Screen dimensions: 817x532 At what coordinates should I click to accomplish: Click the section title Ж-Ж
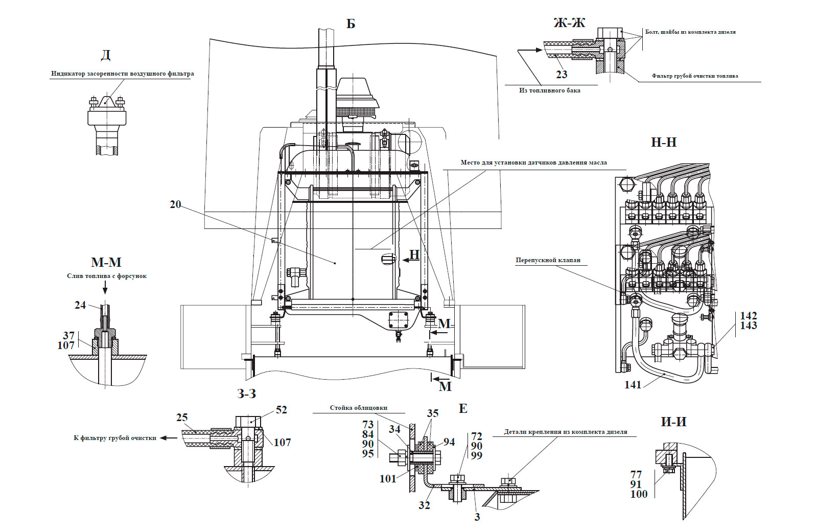[x=569, y=23]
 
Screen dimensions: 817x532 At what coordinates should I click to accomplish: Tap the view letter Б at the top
[x=351, y=24]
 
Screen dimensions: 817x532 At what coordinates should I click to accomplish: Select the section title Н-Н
[x=663, y=142]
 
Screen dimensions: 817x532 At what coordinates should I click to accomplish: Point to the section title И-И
[x=673, y=422]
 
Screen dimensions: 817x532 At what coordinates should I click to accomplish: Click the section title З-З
[x=247, y=394]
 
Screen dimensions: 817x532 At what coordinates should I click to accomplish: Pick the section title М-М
[x=106, y=262]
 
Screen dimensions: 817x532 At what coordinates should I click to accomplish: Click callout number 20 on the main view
[x=175, y=204]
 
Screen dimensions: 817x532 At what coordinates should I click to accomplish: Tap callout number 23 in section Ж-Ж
[x=562, y=75]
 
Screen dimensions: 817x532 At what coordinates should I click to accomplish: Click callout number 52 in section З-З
[x=281, y=410]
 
